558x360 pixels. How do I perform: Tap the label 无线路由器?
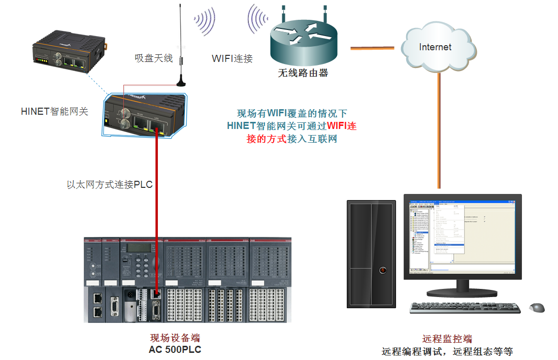tap(303, 73)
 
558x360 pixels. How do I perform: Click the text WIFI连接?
tap(232, 58)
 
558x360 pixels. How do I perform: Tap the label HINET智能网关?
tap(55, 111)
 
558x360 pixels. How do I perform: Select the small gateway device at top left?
tap(67, 51)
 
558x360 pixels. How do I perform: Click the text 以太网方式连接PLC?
tap(110, 185)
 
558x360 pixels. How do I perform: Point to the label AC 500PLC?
tap(175, 350)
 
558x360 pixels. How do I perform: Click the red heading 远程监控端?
tap(447, 339)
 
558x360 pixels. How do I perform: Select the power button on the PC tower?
tap(382, 270)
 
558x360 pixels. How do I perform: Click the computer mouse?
tap(537, 307)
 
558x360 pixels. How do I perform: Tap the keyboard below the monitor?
tap(465, 308)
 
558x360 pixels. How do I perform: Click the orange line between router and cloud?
tap(372, 48)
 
